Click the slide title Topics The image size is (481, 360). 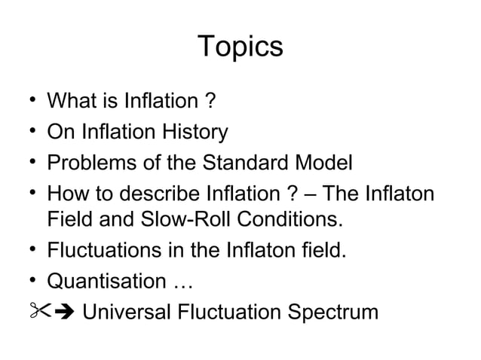point(240,47)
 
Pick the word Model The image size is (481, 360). point(325,163)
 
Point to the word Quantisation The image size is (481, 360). point(103,282)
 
